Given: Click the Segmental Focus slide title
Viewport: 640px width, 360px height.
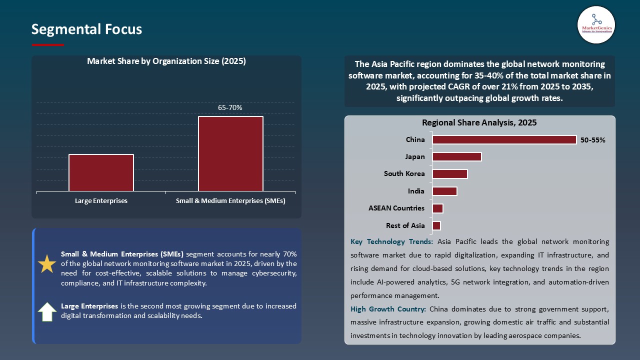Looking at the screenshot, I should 86,29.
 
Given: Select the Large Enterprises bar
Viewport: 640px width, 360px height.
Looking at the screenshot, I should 101,172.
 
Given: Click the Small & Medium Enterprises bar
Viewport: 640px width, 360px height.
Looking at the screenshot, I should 230,153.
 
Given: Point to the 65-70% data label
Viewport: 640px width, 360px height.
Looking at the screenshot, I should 230,107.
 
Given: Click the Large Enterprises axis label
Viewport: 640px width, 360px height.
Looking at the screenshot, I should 101,201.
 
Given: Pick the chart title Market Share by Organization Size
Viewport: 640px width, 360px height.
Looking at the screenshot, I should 166,61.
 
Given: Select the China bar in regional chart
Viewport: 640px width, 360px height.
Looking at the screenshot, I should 504,140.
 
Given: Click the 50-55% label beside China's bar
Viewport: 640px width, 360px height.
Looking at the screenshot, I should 592,140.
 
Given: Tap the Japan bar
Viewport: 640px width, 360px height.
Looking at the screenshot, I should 456,157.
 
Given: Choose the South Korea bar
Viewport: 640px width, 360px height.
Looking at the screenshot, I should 449,174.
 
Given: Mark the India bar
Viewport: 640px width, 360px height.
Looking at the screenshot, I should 444,191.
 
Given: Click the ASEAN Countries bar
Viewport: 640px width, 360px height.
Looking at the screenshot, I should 437,208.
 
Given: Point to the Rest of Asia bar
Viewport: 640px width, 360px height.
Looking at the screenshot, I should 436,225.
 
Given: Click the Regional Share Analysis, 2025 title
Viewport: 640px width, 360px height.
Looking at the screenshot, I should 479,122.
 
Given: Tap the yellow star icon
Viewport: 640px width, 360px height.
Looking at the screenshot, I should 47,264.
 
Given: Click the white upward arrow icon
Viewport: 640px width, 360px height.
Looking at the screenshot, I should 47,311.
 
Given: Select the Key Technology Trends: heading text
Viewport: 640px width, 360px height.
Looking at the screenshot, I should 391,242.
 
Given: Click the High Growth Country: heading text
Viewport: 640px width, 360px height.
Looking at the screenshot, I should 388,309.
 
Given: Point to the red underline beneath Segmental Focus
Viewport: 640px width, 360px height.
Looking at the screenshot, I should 48,45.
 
